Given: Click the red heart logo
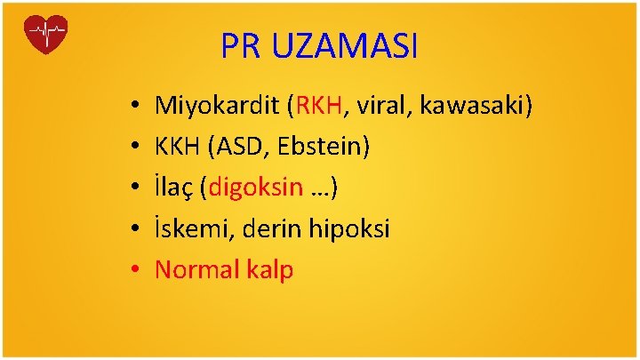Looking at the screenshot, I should coord(47,35).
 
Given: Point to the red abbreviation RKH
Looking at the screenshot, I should coord(318,108).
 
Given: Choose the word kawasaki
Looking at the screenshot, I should coord(474,108).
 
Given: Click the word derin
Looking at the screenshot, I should coord(268,229).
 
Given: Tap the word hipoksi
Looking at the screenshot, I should coord(348,229).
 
